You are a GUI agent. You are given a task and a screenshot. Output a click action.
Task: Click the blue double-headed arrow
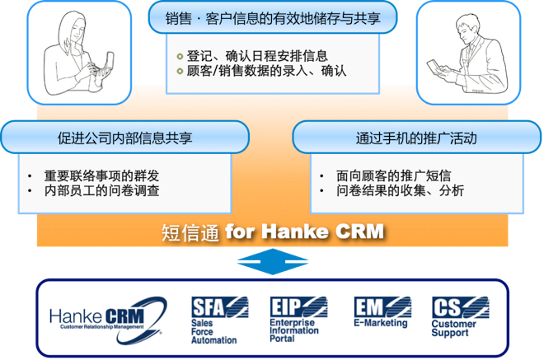pos(273,261)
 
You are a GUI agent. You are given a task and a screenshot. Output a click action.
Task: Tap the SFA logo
pos(220,307)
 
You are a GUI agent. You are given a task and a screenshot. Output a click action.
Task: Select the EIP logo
pos(298,307)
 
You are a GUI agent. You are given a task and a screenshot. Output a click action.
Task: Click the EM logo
pos(382,307)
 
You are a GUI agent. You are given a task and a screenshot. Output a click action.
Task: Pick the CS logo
pos(461,307)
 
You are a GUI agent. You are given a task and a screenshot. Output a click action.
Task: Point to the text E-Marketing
pos(381,323)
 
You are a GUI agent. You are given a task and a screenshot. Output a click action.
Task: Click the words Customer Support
pos(454,329)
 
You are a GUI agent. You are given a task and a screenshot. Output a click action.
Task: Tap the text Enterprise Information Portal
pos(294,330)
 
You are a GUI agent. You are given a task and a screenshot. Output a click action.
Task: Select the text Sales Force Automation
pos(214,331)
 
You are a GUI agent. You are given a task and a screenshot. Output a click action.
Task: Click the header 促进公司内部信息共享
pos(125,138)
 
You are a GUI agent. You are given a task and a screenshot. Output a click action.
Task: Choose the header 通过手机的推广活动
pos(416,138)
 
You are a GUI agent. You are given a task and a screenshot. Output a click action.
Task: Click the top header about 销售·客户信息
pos(273,18)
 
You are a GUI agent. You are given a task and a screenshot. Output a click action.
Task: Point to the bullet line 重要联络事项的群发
pos(101,175)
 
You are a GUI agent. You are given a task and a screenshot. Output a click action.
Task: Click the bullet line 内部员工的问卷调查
pos(101,191)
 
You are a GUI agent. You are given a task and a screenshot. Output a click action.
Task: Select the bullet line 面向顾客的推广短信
pos(393,175)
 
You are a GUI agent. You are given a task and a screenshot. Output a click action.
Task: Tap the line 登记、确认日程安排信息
pos(257,56)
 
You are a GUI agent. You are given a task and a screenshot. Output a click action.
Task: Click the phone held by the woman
pos(109,63)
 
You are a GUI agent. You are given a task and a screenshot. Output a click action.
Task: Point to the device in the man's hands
pos(434,66)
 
